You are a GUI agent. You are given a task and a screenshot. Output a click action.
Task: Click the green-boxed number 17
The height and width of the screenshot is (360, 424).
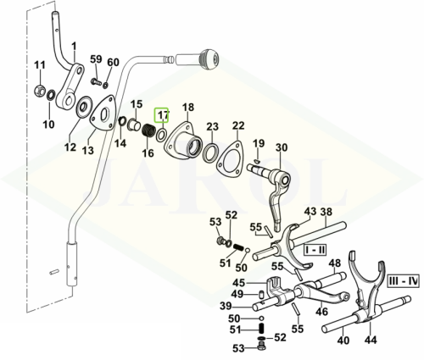tap(161, 115)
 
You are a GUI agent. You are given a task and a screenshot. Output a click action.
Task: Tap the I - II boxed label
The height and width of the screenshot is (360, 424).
tap(315, 250)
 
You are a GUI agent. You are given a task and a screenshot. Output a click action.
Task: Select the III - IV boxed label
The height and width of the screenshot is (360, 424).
tap(404, 280)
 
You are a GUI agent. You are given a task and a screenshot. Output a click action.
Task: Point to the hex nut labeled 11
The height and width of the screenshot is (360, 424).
tap(39, 91)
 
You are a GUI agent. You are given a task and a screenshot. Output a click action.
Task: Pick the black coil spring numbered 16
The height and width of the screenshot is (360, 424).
tap(148, 131)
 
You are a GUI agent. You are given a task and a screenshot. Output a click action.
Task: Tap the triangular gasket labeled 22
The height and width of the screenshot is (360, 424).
tap(230, 158)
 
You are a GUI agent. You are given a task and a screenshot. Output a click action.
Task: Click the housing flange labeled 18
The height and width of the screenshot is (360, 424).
tap(184, 140)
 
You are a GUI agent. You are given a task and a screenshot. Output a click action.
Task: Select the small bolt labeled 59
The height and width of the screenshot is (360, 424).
tap(96, 82)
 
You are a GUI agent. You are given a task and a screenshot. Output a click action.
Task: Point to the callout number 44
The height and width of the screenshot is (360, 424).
tap(371, 340)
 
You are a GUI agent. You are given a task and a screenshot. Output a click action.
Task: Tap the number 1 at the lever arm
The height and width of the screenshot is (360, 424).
tap(74, 46)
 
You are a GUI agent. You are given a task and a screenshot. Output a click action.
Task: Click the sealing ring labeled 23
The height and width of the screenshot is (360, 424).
tap(210, 152)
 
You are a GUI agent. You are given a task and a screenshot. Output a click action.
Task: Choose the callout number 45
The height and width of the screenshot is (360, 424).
tap(239, 283)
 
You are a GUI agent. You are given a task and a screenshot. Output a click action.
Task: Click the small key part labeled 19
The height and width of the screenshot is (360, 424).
tap(256, 161)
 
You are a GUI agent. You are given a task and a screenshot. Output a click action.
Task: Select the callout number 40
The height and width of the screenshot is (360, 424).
tap(343, 341)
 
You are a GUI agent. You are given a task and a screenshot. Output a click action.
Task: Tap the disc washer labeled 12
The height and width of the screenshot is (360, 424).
tap(84, 107)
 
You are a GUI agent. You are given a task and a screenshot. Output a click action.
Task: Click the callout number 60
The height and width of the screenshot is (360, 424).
tap(113, 62)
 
